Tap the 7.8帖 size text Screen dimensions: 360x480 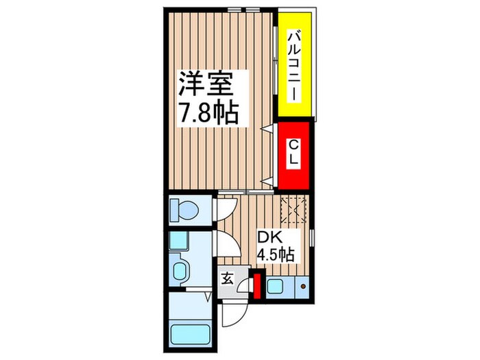208,112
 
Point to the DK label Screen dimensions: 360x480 268,237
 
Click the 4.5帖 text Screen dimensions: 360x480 276,255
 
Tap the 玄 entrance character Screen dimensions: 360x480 227,280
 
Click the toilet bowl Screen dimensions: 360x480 182,209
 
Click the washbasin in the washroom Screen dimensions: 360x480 180,269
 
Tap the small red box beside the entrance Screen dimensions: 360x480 257,286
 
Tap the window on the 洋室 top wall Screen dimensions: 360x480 244,10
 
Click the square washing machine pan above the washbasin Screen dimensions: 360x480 180,241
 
